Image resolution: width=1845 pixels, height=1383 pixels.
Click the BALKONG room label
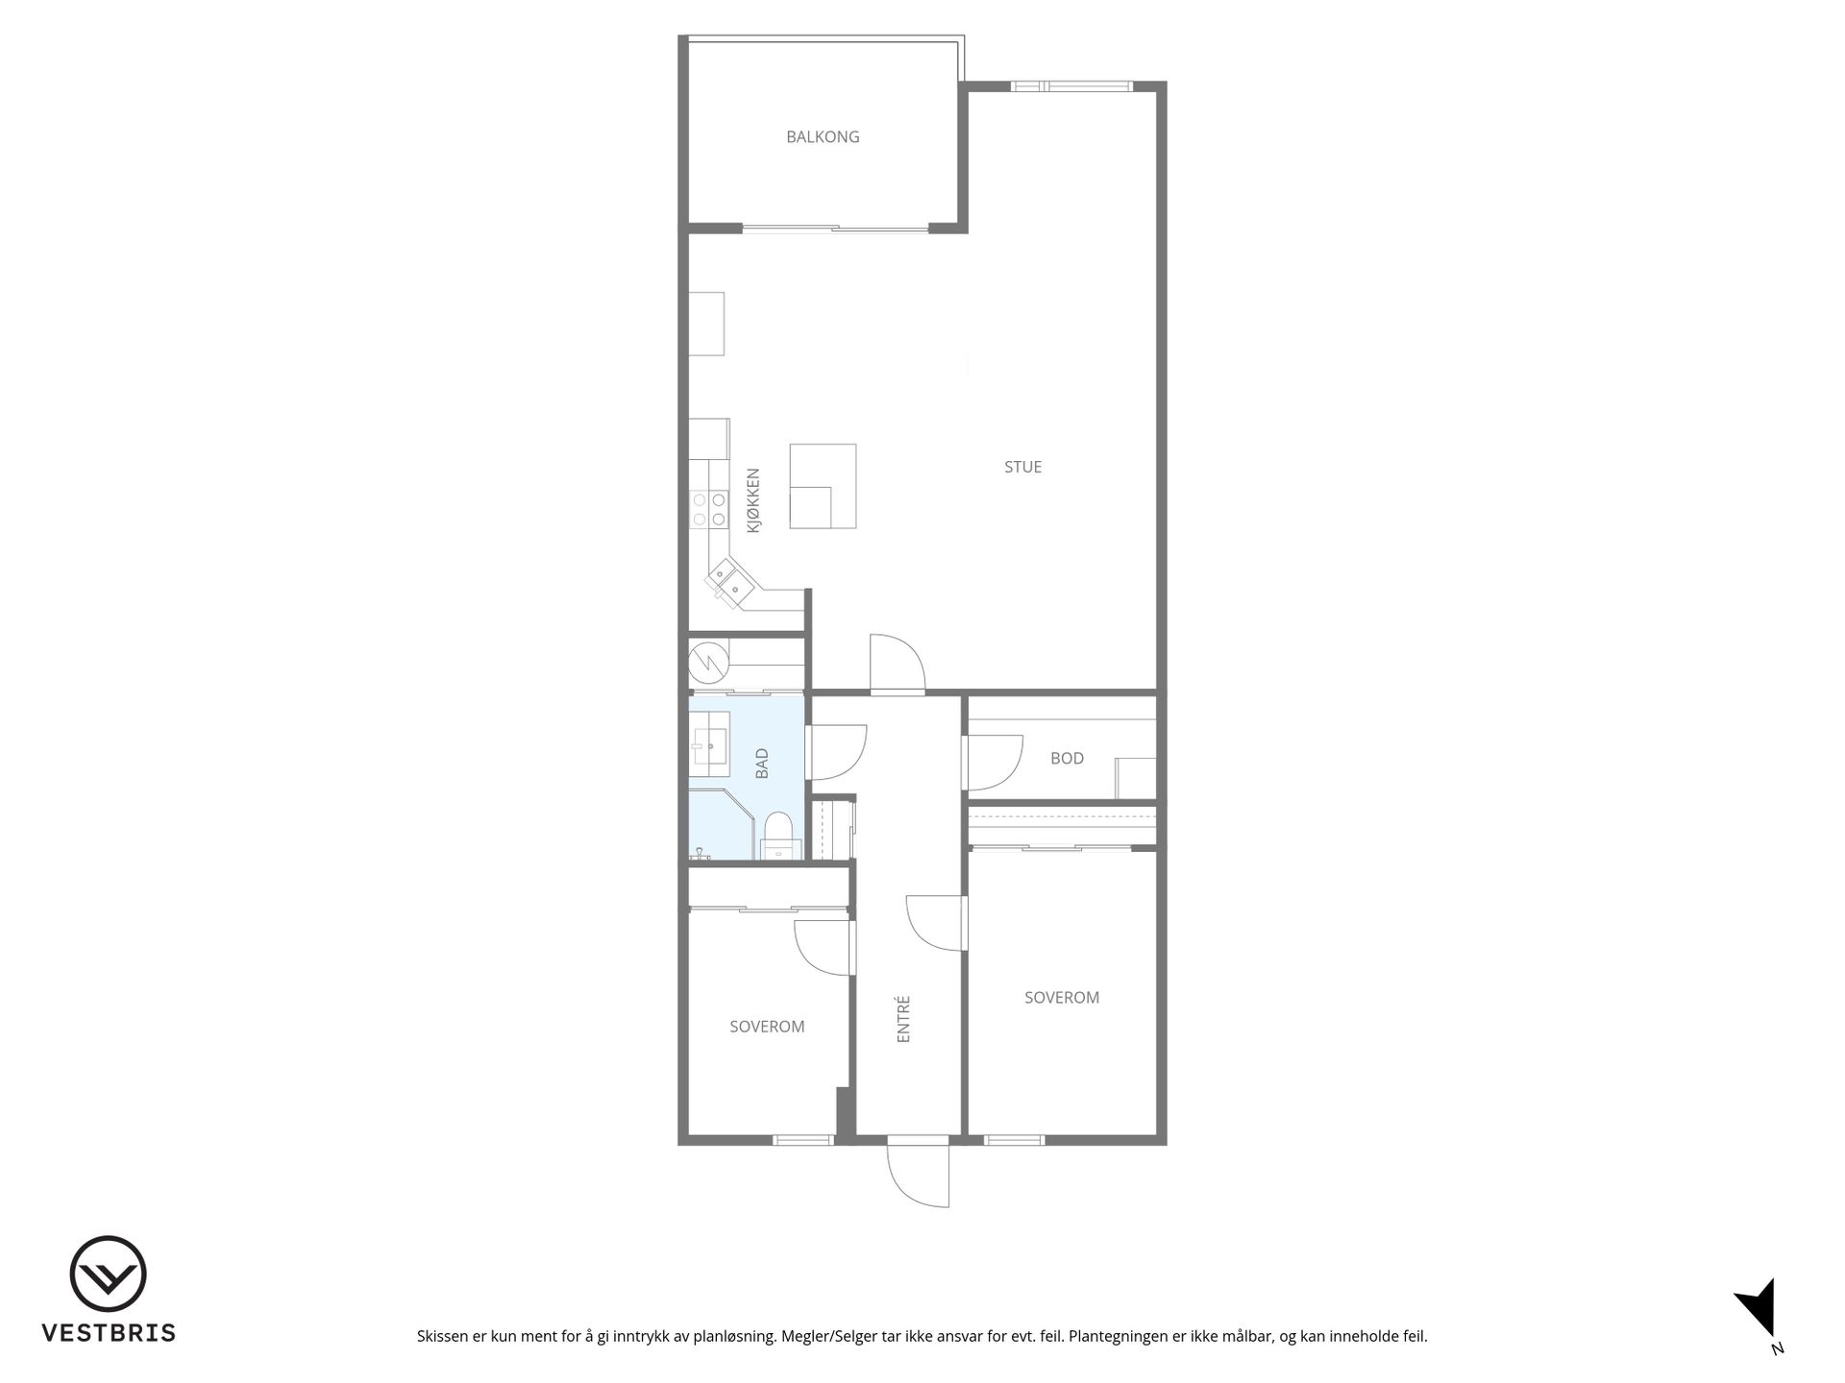pos(823,136)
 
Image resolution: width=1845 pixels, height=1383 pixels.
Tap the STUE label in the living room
pos(1022,467)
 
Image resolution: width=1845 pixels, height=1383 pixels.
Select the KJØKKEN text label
pos(753,500)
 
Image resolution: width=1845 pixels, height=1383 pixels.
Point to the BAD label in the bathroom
pos(762,764)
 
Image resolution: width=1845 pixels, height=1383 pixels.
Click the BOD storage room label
pos(1067,758)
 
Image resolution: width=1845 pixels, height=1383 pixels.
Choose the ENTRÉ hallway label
pos(903,1019)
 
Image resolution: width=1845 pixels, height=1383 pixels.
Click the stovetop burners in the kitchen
pos(708,509)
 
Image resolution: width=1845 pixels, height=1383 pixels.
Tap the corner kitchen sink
pos(727,580)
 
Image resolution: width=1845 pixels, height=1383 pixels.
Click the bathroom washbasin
pos(709,740)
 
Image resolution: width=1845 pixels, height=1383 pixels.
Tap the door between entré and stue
pos(898,663)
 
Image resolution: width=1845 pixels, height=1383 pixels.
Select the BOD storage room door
pos(993,763)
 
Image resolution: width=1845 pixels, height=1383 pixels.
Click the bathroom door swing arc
pos(838,752)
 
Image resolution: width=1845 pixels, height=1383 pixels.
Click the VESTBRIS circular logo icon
pos(108,1274)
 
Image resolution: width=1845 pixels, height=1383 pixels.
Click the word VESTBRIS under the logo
pos(109,1333)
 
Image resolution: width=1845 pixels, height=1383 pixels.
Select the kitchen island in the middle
pos(823,486)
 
